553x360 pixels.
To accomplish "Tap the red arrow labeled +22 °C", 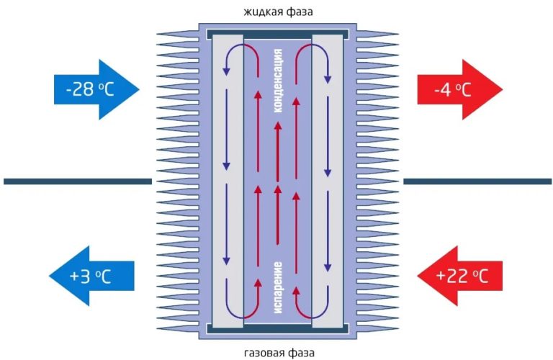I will (x=461, y=274).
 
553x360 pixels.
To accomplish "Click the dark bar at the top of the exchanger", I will (x=278, y=34).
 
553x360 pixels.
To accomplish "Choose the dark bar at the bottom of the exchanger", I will (x=278, y=329).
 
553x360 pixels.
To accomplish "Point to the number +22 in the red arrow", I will (x=451, y=275).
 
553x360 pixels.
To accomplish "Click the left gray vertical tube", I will (x=228, y=180).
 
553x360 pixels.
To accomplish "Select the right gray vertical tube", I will (x=328, y=180).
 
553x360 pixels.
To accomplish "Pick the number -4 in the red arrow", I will (x=444, y=90).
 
